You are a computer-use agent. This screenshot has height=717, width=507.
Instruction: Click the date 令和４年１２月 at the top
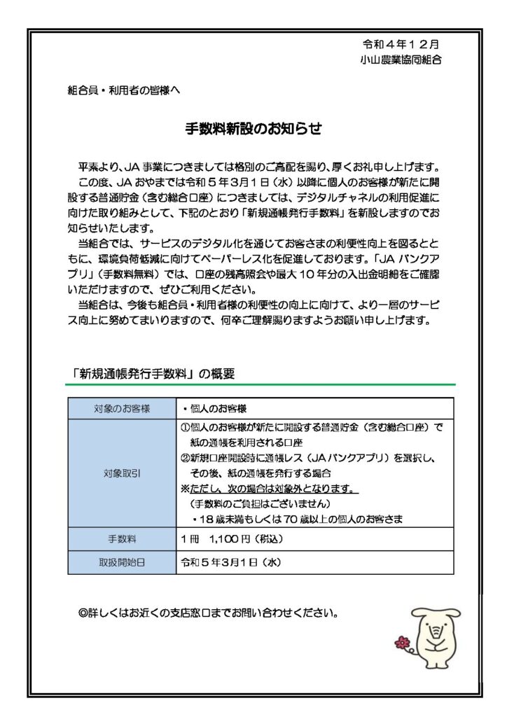401,43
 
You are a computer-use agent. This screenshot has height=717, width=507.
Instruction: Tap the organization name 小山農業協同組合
400,60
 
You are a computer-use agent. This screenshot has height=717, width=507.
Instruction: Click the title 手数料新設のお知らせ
253,129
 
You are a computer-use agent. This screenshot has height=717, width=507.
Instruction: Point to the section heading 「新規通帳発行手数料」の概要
153,375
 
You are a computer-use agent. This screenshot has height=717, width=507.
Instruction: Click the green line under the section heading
261,384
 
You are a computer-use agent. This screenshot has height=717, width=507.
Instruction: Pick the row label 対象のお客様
121,408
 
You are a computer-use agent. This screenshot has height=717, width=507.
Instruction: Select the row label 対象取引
121,473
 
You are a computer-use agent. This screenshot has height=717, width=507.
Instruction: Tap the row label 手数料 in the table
121,540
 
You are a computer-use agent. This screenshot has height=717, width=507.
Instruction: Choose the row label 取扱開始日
121,562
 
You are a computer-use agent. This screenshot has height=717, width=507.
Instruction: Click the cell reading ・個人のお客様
214,408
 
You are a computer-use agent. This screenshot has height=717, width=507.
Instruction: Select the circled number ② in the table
186,457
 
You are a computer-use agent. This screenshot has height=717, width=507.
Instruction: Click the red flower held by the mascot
402,641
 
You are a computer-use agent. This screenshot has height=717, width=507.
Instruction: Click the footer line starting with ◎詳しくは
209,613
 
